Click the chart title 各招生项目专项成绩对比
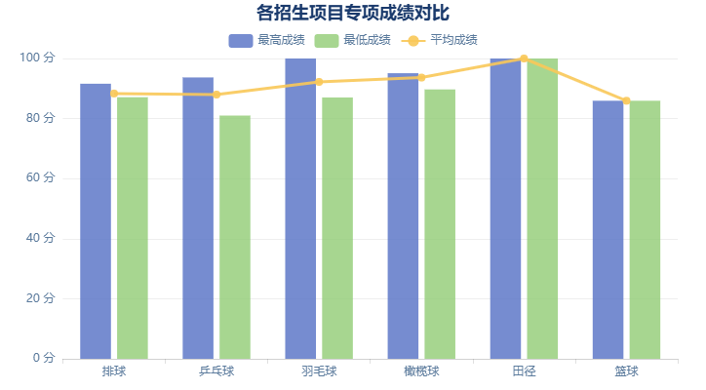tap(353, 13)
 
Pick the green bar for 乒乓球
tap(235, 237)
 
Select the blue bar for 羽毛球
tap(300, 209)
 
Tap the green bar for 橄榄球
tap(440, 223)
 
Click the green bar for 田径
tap(542, 209)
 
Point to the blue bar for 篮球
tap(608, 229)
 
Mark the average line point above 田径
tap(524, 58)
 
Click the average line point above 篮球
tap(626, 100)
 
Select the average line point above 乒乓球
tap(216, 95)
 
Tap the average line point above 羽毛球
tap(319, 82)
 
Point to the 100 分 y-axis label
tap(38, 58)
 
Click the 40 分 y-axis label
tap(41, 239)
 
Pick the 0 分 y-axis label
tap(44, 359)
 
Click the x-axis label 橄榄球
tap(421, 371)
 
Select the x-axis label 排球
tap(114, 371)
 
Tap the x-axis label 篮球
tap(626, 371)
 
